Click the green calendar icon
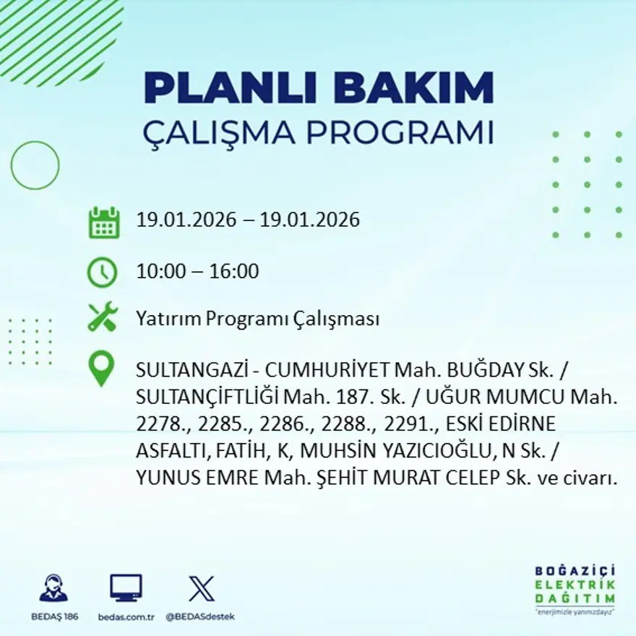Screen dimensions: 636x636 click(103, 223)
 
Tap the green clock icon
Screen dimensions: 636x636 click(102, 272)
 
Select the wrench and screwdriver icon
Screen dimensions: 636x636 click(103, 317)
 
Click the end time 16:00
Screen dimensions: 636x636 click(234, 272)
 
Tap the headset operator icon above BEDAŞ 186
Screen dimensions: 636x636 click(53, 588)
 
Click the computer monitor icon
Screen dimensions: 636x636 click(126, 588)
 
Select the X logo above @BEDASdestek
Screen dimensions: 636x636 click(200, 588)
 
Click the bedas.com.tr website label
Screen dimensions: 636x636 click(126, 616)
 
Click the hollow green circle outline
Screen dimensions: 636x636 click(35, 165)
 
